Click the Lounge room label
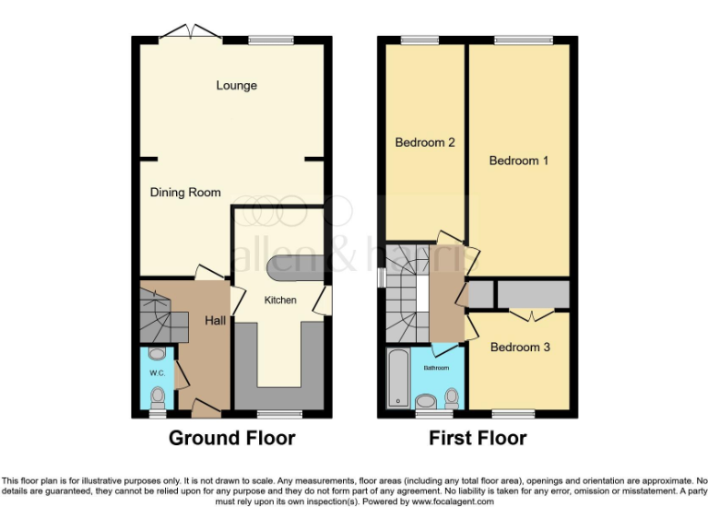[x=237, y=86]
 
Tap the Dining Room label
[x=185, y=193]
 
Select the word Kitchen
[x=280, y=301]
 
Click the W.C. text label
[x=156, y=373]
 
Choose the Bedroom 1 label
[x=519, y=160]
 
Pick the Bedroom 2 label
[x=425, y=143]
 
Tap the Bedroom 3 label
[x=519, y=348]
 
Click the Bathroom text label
[x=436, y=368]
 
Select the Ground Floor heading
[x=231, y=438]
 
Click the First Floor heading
[x=478, y=438]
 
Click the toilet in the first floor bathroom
[x=452, y=397]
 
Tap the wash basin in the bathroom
[x=427, y=401]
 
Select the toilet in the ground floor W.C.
[x=157, y=396]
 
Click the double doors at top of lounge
[x=189, y=34]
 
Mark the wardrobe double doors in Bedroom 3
[x=532, y=313]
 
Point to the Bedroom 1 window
[x=523, y=39]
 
